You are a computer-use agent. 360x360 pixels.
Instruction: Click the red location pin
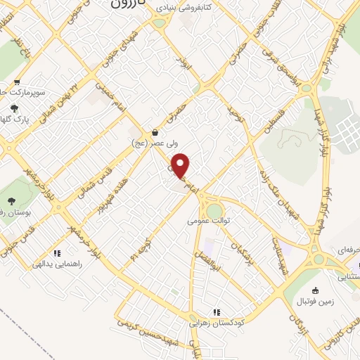pos(181,166)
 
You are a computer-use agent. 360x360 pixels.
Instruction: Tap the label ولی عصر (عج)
pos(154,143)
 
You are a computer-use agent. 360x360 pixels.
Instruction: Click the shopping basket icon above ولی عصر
pos(155,131)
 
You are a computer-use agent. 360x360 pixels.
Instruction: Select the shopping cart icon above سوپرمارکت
pos(16,82)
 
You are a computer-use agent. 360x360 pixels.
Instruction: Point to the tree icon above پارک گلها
pos(14,108)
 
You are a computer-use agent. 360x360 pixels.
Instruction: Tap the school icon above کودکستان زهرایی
pos(217,312)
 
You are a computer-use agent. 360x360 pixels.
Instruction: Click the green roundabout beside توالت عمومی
pos(213,210)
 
